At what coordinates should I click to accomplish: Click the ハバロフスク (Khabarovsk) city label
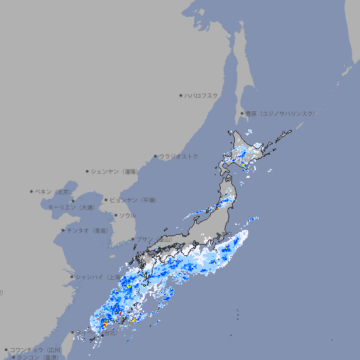201,95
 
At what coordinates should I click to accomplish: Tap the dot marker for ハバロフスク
181,95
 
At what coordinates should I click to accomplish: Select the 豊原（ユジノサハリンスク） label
280,113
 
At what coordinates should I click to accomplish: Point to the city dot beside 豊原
242,113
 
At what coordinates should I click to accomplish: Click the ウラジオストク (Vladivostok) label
179,156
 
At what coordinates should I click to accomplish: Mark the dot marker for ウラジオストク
155,157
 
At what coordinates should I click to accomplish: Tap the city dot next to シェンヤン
88,171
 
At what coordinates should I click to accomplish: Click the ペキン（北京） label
53,191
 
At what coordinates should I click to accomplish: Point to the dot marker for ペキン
32,191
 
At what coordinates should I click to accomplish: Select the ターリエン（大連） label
70,207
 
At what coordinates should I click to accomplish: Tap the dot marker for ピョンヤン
107,200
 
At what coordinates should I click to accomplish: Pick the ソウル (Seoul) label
127,215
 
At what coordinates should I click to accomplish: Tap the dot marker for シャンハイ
72,277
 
